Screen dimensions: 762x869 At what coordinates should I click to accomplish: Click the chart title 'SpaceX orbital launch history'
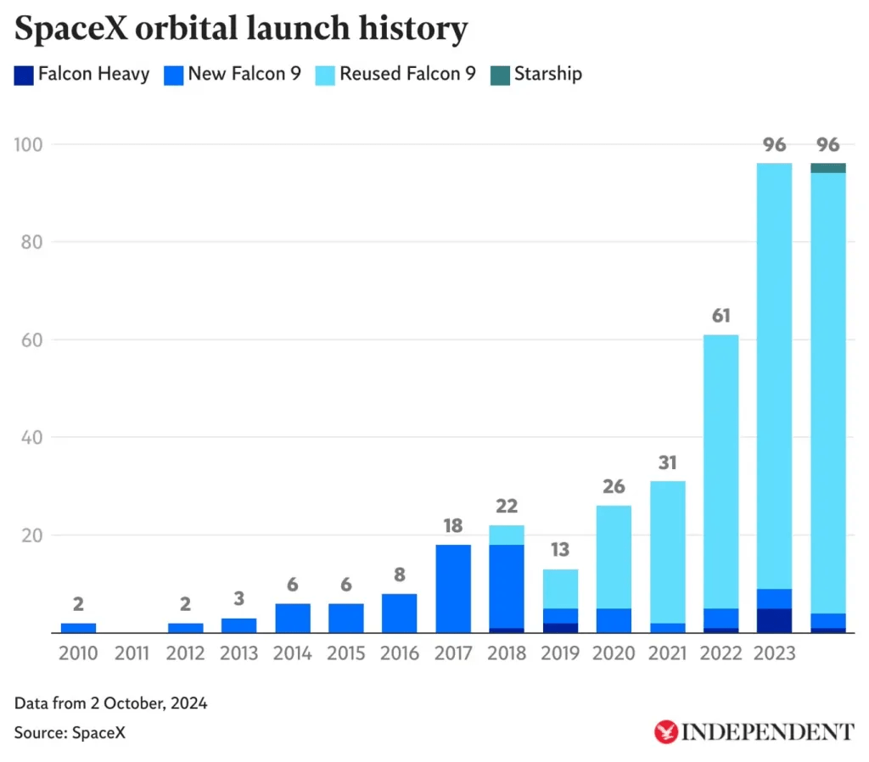[241, 29]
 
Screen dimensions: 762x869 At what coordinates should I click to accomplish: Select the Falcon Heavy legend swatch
[24, 74]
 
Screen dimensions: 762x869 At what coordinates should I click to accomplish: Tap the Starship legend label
[547, 74]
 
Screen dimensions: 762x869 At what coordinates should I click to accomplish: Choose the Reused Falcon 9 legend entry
[407, 74]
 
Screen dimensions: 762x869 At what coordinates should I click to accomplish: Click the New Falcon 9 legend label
[244, 74]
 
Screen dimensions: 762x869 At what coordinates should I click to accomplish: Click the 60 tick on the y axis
[31, 340]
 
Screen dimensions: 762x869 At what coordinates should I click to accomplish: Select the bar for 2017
[453, 589]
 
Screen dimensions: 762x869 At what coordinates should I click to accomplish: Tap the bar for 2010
[78, 628]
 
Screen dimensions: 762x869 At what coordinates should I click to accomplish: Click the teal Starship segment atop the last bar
[828, 168]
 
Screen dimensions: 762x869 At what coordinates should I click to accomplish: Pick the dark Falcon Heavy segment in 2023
[774, 620]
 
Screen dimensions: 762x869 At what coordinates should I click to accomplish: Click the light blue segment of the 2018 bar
[507, 535]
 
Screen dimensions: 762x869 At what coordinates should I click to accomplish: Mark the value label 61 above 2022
[720, 317]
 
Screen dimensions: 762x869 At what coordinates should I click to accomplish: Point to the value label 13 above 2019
[560, 551]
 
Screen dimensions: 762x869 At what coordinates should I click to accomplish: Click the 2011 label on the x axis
[132, 653]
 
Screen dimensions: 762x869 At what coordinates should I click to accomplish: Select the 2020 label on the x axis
[614, 653]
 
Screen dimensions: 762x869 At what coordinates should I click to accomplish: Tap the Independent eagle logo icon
[666, 731]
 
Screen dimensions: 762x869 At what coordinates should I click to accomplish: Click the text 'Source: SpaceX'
[70, 732]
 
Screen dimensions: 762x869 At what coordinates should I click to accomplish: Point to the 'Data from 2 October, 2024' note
[110, 703]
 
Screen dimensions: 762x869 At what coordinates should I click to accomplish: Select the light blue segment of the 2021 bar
[667, 552]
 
